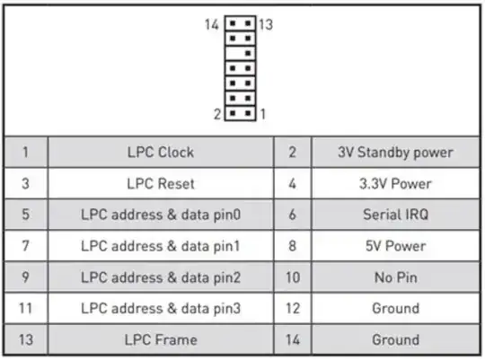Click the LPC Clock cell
click(160, 153)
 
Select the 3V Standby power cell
click(395, 153)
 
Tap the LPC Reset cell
click(160, 184)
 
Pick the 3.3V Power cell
click(395, 184)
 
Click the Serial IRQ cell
click(395, 215)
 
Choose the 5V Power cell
click(395, 246)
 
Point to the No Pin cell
click(395, 277)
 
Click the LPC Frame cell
click(160, 340)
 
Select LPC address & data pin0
click(160, 215)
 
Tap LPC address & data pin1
click(160, 246)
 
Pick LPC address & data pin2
click(160, 277)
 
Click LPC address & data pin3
click(160, 309)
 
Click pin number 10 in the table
click(292, 277)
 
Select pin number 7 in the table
click(25, 246)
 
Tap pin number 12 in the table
click(292, 309)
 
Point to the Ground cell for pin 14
click(395, 340)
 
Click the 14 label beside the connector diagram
click(212, 23)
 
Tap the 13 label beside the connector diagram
click(266, 23)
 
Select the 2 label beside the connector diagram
click(217, 114)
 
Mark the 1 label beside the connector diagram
click(261, 114)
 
